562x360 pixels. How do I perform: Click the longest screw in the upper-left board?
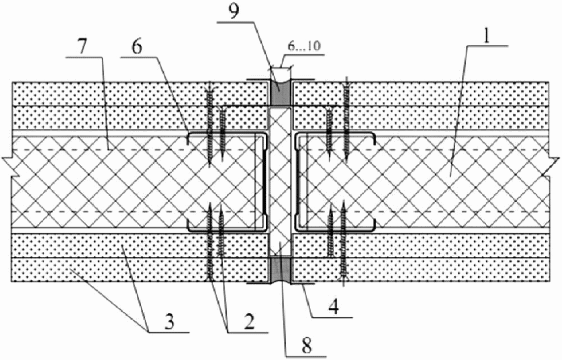tap(211, 123)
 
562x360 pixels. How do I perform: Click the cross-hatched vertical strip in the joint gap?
tap(281, 182)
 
